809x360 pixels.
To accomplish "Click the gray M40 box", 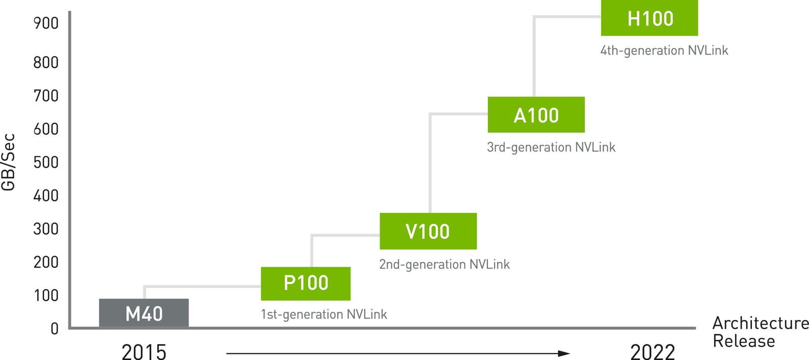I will tap(144, 313).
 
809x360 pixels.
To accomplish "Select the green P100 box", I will tap(305, 283).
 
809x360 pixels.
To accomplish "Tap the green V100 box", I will tap(428, 231).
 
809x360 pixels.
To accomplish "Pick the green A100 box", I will tap(536, 115).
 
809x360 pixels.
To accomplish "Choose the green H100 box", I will tap(649, 18).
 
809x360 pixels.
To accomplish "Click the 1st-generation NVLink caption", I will tap(324, 314).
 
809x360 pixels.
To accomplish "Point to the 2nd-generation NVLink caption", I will tap(444, 264).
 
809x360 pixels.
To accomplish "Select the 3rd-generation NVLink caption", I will tap(551, 147).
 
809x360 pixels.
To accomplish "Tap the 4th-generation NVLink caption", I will tap(664, 51).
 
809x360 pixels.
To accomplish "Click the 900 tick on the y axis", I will tap(46, 23).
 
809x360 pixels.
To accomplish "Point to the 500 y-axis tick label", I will tap(46, 162).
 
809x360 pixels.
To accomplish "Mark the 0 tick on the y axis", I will tap(55, 329).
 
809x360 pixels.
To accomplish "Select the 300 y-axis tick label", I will tap(46, 229).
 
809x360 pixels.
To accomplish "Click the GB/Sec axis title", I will tap(9, 162).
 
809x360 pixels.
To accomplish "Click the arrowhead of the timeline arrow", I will tap(564, 353).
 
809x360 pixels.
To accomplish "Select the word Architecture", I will tap(760, 323).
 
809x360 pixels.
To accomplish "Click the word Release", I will tap(743, 341).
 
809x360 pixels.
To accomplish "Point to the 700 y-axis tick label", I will tap(46, 96).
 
